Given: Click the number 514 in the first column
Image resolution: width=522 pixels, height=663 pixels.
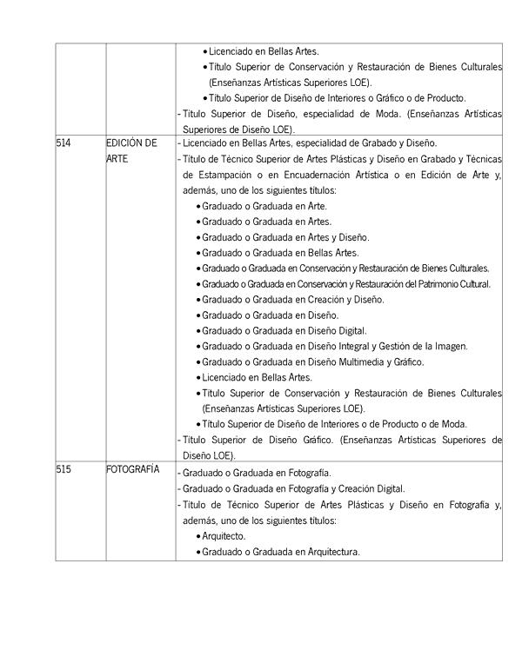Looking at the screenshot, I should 65,143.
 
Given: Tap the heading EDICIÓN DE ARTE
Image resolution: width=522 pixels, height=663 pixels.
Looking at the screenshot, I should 131,151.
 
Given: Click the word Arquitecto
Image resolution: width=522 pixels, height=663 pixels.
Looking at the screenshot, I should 224,536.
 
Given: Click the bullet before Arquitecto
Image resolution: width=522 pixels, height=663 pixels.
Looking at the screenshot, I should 197,536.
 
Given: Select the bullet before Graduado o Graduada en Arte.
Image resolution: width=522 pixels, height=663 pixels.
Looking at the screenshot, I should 197,206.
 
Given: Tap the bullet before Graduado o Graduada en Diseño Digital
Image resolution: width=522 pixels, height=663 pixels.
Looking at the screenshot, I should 197,331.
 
